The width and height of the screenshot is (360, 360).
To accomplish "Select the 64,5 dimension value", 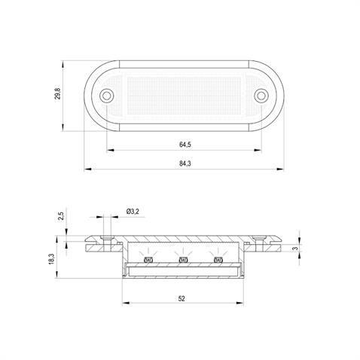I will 185,143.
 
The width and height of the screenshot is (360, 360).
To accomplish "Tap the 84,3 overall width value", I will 185,164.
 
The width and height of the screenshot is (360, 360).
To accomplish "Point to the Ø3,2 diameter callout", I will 133,212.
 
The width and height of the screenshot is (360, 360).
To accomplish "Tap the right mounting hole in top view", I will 261,95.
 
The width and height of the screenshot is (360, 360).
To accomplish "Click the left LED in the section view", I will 148,261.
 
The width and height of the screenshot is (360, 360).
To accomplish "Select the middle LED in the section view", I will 183,261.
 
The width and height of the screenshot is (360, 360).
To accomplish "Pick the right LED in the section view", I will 218,261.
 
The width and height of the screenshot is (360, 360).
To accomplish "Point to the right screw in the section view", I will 262,239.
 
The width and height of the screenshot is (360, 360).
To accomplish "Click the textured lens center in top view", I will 185,95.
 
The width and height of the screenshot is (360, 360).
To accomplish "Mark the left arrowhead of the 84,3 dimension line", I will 84,169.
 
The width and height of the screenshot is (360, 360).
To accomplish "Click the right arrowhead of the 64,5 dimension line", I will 260,148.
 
